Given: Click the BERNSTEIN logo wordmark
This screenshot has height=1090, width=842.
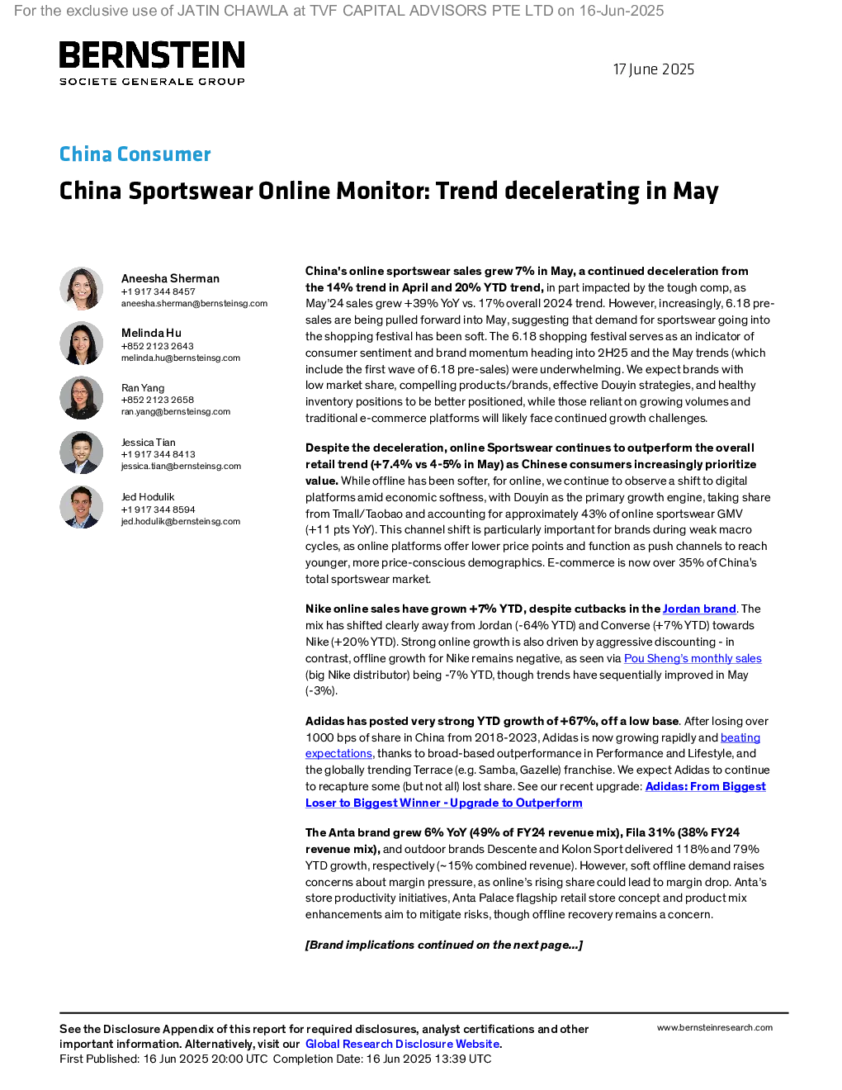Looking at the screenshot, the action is (152, 54).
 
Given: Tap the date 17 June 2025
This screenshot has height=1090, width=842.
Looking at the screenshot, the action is (654, 69).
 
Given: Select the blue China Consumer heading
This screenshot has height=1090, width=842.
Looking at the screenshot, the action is (135, 154).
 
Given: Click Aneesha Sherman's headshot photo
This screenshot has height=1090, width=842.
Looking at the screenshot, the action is (81, 288).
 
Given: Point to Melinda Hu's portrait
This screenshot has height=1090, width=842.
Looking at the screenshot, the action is (81, 343).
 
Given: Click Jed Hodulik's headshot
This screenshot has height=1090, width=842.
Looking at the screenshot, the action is (81, 507).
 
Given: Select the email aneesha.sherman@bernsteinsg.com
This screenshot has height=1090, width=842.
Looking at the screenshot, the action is (194, 304).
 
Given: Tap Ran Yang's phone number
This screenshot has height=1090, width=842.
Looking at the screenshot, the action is (158, 400).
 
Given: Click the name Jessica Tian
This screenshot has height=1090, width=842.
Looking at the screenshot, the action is (149, 443).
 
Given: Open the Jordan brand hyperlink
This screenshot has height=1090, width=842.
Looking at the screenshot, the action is (699, 609).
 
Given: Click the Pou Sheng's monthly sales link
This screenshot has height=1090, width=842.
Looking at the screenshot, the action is (693, 659).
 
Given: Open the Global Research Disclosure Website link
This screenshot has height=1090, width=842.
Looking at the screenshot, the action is (403, 1044).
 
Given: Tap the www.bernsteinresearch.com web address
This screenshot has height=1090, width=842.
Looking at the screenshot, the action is (715, 1028).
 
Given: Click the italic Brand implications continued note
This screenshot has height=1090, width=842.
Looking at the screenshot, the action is (444, 945).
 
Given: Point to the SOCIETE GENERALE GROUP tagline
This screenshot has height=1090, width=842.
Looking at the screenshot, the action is (152, 81).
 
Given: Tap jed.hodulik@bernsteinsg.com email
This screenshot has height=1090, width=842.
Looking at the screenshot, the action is (181, 522).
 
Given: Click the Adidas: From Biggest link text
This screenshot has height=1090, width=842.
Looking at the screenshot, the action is (706, 786).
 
